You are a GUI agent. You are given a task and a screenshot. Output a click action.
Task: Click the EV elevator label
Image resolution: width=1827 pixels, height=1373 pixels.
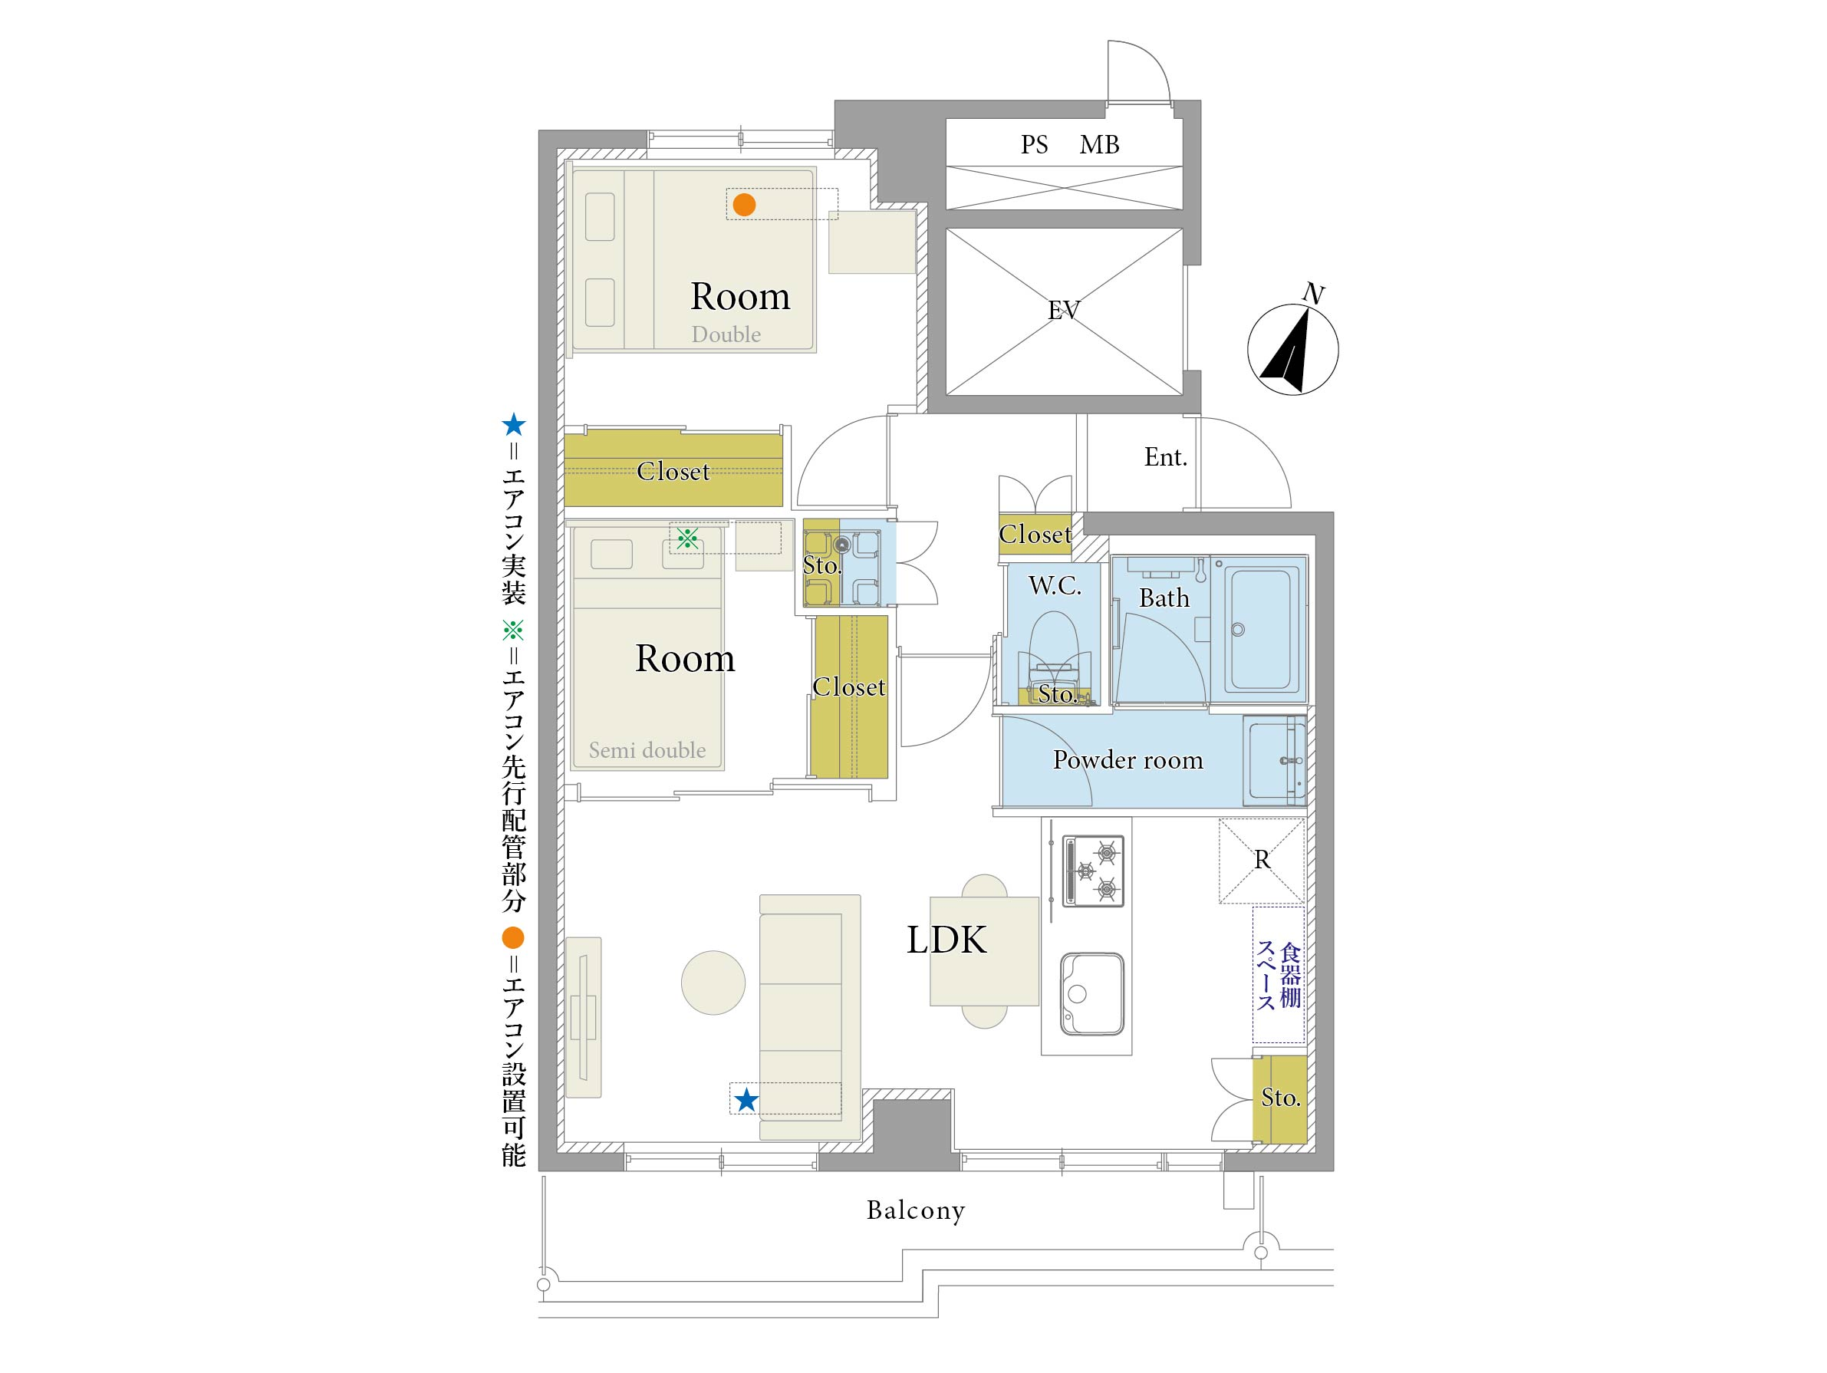point(1064,310)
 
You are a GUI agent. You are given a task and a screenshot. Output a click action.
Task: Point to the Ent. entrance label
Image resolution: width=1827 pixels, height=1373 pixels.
point(1165,457)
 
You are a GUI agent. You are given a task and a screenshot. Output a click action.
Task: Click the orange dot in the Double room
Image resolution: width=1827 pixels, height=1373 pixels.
point(744,204)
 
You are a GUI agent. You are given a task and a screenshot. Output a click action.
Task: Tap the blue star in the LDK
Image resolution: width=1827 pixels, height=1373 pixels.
point(746,1100)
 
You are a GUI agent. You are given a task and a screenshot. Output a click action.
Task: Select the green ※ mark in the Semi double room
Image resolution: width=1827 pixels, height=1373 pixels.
point(687,538)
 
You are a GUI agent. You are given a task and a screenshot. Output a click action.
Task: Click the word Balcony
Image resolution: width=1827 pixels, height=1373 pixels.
point(915,1210)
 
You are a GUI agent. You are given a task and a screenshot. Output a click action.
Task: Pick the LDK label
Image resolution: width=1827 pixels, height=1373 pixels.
point(946,940)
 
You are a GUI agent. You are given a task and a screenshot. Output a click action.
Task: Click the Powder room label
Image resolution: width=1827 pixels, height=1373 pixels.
point(1127,760)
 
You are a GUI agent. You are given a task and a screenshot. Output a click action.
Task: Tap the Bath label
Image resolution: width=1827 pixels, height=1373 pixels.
point(1164,598)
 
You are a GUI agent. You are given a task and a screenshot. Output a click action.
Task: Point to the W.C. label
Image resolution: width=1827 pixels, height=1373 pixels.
point(1055,586)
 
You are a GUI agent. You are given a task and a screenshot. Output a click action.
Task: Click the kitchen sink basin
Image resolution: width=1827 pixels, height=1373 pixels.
point(1092,994)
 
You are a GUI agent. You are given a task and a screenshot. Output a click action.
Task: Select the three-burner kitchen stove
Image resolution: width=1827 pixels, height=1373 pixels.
point(1093,871)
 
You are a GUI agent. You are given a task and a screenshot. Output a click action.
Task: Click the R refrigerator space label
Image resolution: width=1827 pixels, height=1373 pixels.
point(1262,860)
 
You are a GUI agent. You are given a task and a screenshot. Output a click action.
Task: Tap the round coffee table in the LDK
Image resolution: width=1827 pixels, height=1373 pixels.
point(713,983)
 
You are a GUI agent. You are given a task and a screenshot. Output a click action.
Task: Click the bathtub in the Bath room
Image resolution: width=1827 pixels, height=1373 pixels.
point(1262,629)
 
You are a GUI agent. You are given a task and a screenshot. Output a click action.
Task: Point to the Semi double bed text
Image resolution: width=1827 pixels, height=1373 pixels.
point(647,750)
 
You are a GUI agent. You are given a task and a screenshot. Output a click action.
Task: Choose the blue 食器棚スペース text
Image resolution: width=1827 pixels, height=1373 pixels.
point(1279,975)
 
